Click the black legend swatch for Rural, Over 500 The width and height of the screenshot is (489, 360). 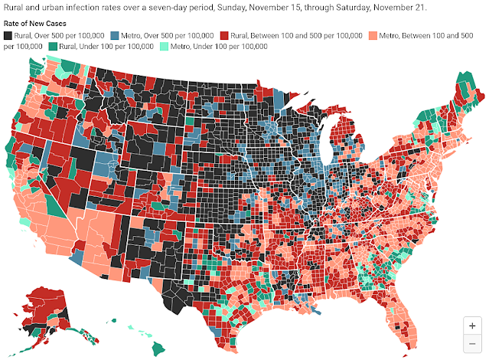click(x=8, y=35)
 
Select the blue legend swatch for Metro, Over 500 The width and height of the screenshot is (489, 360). click(x=115, y=35)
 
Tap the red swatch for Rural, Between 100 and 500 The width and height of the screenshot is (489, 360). click(x=224, y=35)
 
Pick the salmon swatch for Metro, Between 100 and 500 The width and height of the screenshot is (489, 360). click(x=373, y=35)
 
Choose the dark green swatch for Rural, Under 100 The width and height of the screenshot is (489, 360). click(x=53, y=47)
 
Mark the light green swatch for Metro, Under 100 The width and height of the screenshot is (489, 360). click(x=164, y=47)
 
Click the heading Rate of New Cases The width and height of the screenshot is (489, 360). click(x=35, y=24)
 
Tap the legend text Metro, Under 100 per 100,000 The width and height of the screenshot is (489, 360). click(x=219, y=47)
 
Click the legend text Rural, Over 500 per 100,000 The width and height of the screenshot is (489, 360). click(x=59, y=35)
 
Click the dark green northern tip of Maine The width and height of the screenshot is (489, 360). click(x=465, y=82)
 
